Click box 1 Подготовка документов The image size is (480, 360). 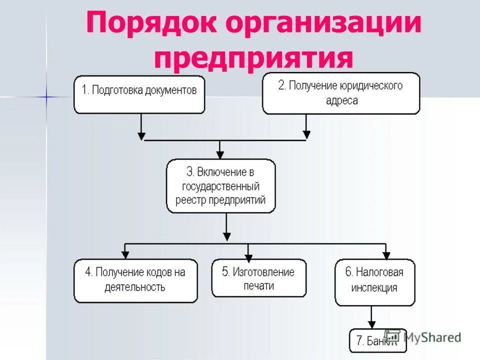click(x=139, y=94)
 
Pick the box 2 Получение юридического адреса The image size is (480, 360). click(x=340, y=93)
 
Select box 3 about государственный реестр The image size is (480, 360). click(x=220, y=186)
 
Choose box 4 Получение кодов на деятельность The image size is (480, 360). click(x=135, y=280)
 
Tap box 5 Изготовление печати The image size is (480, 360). click(x=258, y=278)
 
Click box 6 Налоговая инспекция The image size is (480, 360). click(x=374, y=281)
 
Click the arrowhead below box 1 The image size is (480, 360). click(x=141, y=135)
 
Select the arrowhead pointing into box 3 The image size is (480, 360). click(x=220, y=154)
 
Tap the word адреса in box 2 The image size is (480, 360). click(x=340, y=100)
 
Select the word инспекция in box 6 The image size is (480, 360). click(x=374, y=288)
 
